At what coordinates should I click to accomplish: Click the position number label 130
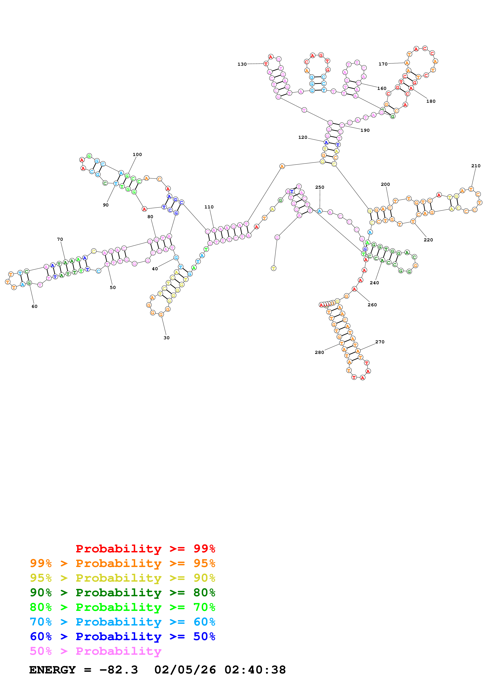[x=242, y=64]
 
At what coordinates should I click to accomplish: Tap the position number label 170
[x=383, y=64]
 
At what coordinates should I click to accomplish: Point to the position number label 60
[x=34, y=306]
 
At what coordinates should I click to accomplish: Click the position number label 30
[x=167, y=338]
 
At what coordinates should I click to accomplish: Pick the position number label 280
[x=319, y=352]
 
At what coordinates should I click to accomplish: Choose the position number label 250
[x=320, y=187]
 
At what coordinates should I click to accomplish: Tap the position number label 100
[x=137, y=154]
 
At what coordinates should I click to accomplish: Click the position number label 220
[x=428, y=240]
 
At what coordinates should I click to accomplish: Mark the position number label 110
[x=209, y=207]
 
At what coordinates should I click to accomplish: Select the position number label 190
[x=365, y=130]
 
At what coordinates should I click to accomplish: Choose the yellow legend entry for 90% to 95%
[x=122, y=578]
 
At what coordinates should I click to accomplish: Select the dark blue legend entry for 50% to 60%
[x=122, y=636]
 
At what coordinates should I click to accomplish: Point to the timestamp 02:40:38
[x=255, y=670]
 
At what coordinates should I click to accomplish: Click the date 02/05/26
[x=185, y=670]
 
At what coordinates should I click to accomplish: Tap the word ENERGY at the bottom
[x=52, y=670]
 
